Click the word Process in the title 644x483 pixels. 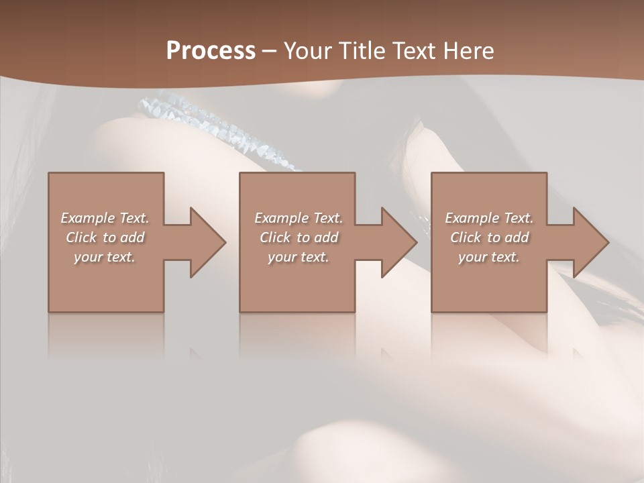(211, 51)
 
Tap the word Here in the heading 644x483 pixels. (467, 51)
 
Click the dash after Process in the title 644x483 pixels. (269, 52)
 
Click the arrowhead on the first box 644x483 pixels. (205, 242)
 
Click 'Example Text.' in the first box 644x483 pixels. (105, 218)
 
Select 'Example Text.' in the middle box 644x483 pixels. (299, 218)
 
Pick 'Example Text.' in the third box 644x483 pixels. (489, 218)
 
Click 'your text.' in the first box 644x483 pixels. (105, 257)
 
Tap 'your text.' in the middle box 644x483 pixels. (299, 257)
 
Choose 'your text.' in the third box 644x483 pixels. (489, 257)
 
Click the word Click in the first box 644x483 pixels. (81, 237)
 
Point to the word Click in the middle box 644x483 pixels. (275, 237)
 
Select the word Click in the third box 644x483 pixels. (466, 237)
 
